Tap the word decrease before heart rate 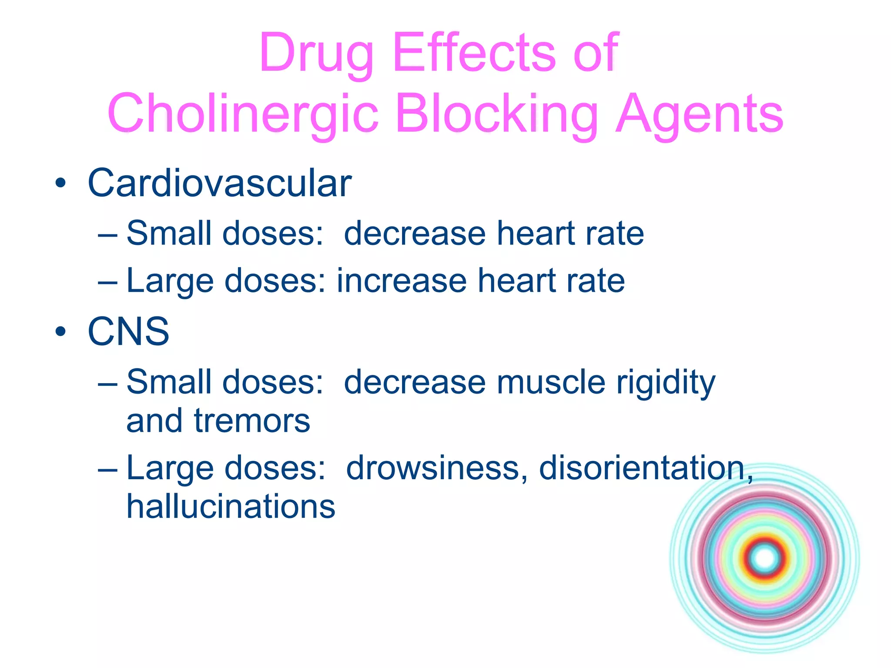click(414, 234)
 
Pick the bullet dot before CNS click(60, 332)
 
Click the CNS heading click(128, 332)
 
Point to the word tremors click(252, 421)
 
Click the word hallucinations click(231, 507)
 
